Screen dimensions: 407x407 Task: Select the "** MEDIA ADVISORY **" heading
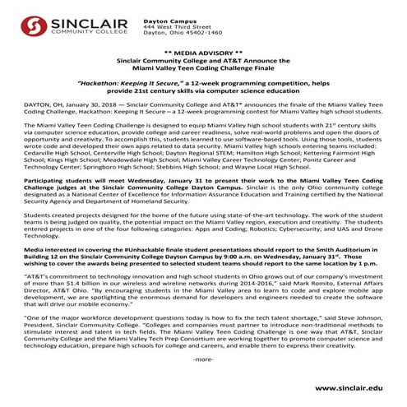point(203,50)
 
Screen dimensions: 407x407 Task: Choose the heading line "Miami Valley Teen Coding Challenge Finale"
point(203,68)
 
